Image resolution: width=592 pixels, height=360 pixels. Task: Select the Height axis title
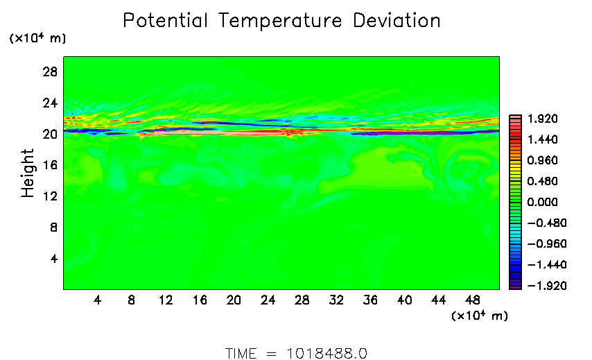(x=28, y=173)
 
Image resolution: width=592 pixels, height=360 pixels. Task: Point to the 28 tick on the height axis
(x=50, y=72)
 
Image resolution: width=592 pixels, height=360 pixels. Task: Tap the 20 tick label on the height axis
(x=50, y=135)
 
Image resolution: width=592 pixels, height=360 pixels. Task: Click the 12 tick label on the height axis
(x=50, y=197)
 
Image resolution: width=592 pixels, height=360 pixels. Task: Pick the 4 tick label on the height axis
(x=53, y=259)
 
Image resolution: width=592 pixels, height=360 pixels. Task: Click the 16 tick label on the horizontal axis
(x=200, y=300)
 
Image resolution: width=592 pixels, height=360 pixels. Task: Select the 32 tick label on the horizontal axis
(x=337, y=300)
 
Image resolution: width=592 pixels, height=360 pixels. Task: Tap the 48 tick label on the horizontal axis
(x=473, y=300)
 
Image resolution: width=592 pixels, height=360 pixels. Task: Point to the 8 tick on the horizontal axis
(x=131, y=300)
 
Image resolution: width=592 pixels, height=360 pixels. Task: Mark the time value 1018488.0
(x=327, y=353)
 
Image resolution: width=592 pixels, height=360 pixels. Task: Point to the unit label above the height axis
(x=37, y=39)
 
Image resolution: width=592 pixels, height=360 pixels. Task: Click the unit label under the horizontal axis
(x=479, y=316)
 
